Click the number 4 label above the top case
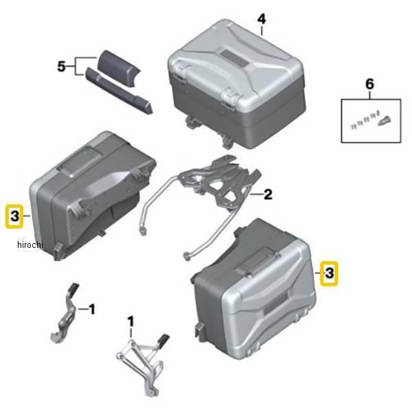[x=262, y=19]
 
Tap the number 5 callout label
[x=62, y=67]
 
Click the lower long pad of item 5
[x=118, y=92]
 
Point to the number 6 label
[x=369, y=84]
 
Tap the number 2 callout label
[x=268, y=194]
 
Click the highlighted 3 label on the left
[x=14, y=217]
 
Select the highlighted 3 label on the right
[x=330, y=273]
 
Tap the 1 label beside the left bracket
[x=92, y=310]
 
